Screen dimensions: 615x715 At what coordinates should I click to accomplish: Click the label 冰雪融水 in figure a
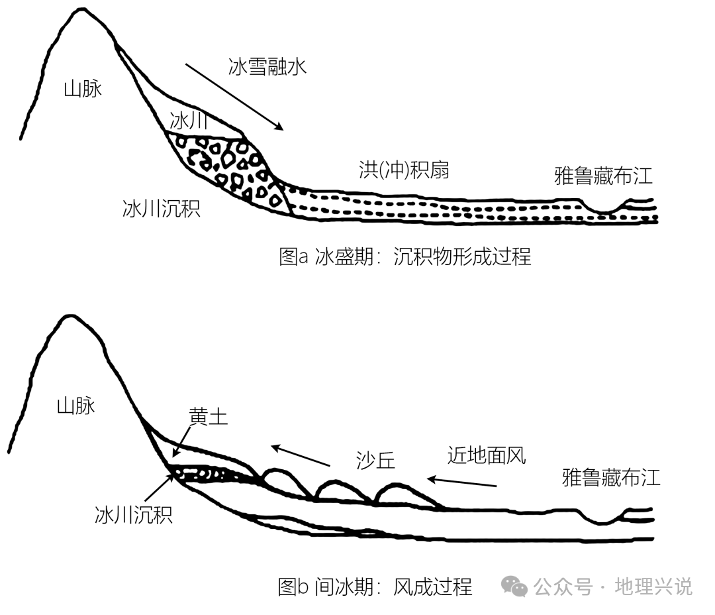click(x=267, y=67)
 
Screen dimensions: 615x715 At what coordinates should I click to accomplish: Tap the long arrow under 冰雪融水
click(x=234, y=97)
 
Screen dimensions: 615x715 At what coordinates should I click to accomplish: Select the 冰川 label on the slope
click(x=189, y=121)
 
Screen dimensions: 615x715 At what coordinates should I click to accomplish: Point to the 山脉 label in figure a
click(x=83, y=89)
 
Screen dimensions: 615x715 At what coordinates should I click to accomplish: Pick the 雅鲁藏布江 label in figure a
click(x=603, y=176)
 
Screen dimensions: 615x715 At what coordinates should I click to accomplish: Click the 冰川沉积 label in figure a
click(x=162, y=209)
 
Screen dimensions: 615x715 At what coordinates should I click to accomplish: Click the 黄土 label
click(x=208, y=416)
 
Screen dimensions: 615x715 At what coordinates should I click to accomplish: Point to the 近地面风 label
click(x=487, y=455)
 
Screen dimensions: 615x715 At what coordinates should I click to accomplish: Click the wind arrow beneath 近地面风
click(x=461, y=482)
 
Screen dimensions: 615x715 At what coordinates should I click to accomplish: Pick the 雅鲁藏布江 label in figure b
click(x=611, y=477)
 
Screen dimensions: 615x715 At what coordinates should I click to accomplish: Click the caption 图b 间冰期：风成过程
click(x=375, y=587)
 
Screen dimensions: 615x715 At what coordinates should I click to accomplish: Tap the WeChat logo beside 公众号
click(x=514, y=586)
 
